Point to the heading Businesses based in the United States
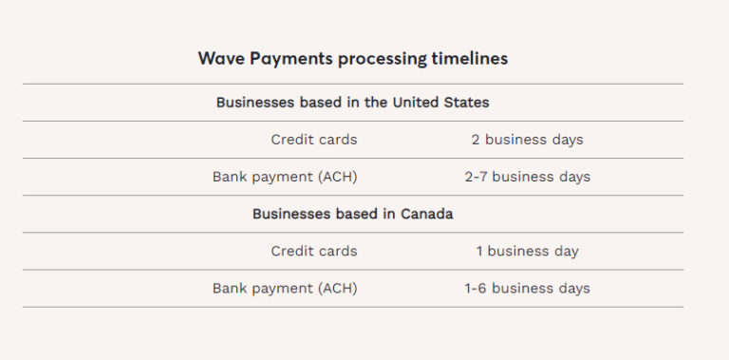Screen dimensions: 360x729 coord(352,103)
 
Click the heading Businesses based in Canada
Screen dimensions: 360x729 coord(352,214)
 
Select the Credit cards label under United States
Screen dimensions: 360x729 coord(313,140)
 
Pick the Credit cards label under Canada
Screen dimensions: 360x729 coord(313,251)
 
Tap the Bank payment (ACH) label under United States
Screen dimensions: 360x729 coord(285,177)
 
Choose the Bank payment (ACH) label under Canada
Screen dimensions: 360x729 coord(285,288)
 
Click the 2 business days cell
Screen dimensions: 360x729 coord(527,140)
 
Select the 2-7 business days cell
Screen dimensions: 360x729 coord(527,177)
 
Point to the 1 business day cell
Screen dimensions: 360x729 coord(527,251)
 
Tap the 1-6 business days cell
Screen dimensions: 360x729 coord(527,288)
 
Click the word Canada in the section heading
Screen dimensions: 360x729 coord(426,214)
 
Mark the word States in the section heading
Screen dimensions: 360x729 coord(467,103)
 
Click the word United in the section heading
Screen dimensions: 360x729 coord(416,103)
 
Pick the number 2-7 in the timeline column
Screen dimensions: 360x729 coord(476,177)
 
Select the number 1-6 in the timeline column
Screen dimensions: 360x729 coord(476,288)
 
